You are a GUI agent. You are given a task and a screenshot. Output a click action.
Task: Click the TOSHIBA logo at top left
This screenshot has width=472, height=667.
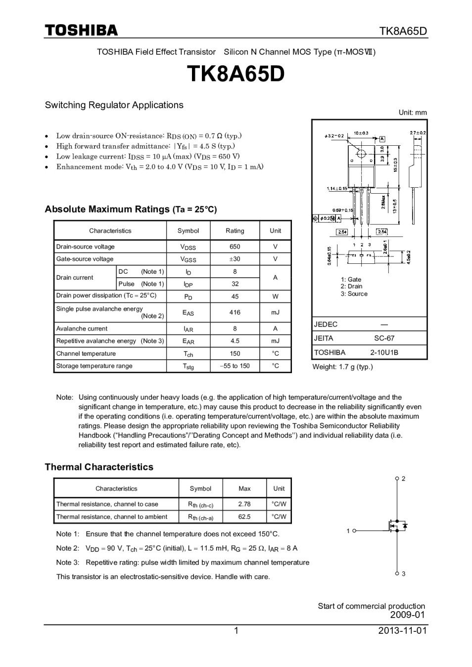82,31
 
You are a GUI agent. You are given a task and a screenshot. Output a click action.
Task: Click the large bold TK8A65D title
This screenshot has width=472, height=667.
236,75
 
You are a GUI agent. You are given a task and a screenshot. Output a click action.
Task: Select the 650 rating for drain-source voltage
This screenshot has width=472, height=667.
235,247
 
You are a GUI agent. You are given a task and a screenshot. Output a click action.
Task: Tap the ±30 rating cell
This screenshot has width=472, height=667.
235,259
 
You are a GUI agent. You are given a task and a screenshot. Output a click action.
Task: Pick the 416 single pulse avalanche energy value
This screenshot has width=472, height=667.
235,312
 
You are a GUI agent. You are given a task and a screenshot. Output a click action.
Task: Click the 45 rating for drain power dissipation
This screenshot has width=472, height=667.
235,296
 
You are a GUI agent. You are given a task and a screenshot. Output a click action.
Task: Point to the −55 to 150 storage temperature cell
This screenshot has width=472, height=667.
235,366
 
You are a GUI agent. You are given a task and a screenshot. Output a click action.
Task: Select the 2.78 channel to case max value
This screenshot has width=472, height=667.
244,504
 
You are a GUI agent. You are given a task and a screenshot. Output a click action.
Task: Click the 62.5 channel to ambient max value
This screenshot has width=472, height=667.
244,517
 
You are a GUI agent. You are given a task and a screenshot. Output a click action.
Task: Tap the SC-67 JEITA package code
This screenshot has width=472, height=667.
384,338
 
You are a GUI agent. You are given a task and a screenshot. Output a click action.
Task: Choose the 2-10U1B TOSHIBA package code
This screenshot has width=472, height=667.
384,352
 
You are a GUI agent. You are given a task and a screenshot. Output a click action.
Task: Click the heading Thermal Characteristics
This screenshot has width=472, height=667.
99,467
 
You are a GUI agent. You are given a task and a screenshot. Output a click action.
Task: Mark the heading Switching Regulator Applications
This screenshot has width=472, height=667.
114,105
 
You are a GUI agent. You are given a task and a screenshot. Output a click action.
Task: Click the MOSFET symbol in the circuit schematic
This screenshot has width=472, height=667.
398,527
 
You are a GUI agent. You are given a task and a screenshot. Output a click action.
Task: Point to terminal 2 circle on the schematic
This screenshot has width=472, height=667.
397,479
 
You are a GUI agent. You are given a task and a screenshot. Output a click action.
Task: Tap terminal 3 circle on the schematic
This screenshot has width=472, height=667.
397,573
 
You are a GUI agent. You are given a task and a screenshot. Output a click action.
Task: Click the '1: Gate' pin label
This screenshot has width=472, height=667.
351,279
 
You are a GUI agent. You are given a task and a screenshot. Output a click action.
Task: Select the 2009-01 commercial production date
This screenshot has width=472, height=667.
407,615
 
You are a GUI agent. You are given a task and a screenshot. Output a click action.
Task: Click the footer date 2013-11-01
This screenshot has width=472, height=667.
402,630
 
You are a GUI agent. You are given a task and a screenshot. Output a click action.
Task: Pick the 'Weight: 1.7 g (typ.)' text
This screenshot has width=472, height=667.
342,367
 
